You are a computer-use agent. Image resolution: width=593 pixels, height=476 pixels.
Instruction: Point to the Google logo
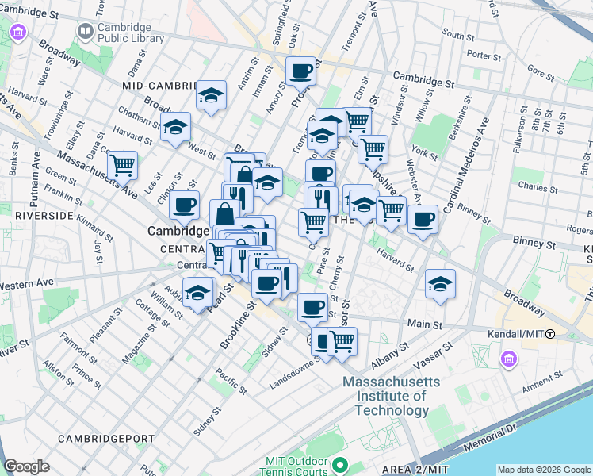tap(27, 466)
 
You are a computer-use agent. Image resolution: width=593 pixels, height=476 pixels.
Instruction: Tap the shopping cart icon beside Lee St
tap(122, 166)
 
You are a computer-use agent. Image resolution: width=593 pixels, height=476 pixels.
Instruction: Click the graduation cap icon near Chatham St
tap(175, 127)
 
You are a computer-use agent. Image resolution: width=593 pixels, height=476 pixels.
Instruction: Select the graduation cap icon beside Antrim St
tap(212, 96)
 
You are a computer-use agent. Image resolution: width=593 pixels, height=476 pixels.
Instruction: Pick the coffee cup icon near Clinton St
tap(184, 205)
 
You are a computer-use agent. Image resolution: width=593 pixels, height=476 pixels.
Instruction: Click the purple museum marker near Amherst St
tap(508, 361)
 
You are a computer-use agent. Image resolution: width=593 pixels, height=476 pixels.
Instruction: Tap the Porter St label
tap(479, 55)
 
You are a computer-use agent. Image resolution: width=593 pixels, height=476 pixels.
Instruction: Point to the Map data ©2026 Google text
tap(544, 469)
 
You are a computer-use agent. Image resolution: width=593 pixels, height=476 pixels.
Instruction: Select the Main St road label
tap(425, 324)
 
